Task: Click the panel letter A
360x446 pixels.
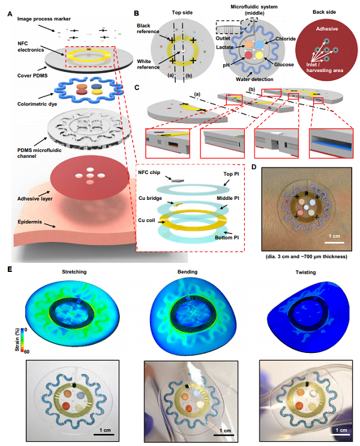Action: (10, 14)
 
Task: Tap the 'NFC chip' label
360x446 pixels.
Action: (149, 172)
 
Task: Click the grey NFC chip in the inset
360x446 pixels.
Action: (178, 180)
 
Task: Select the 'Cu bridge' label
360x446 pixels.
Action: (150, 198)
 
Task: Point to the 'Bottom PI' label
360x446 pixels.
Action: (227, 238)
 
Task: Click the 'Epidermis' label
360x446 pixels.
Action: (30, 222)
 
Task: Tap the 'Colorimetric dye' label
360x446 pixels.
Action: (37, 104)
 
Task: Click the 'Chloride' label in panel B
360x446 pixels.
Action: (286, 38)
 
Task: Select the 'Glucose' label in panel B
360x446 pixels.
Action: (284, 65)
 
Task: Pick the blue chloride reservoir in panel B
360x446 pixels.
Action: (260, 44)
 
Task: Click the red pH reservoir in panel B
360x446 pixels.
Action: (248, 55)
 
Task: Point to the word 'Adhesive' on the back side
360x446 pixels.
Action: (327, 29)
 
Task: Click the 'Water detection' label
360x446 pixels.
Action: (254, 79)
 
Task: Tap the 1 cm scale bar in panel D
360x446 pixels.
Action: (334, 243)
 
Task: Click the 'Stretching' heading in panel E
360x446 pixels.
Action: (74, 272)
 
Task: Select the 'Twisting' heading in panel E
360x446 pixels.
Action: (305, 272)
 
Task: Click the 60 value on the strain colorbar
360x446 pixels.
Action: (26, 352)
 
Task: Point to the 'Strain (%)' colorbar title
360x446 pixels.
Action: (17, 340)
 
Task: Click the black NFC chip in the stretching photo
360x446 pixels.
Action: (75, 386)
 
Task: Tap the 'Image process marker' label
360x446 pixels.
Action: (44, 19)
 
